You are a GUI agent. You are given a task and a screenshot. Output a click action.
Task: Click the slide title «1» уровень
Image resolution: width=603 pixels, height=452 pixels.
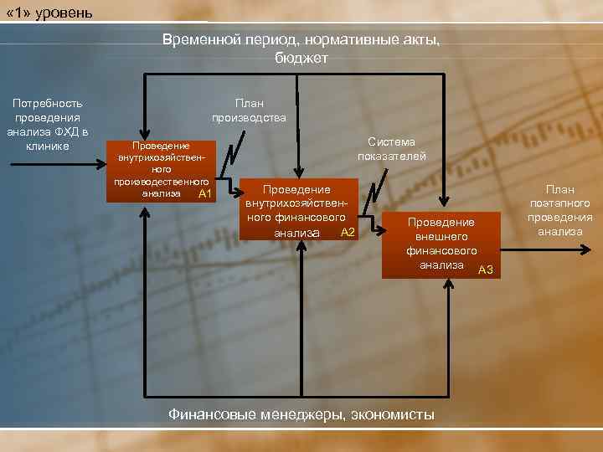point(49,13)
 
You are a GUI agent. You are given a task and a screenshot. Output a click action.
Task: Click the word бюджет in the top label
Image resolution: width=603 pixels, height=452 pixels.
point(301,58)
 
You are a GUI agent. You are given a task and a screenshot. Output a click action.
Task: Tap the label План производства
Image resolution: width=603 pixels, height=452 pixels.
point(249,110)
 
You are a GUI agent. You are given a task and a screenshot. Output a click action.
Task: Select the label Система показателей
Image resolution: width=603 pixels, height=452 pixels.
point(391,149)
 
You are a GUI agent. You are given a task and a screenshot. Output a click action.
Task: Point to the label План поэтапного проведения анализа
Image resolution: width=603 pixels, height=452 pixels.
point(560,211)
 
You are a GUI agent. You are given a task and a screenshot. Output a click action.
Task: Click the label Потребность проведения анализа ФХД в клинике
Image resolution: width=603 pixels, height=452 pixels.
point(47,125)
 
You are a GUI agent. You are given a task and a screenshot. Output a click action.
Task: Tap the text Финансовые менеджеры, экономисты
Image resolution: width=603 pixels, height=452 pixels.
point(301,413)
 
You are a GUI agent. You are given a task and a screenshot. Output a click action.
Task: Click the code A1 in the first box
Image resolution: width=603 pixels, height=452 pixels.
point(205,195)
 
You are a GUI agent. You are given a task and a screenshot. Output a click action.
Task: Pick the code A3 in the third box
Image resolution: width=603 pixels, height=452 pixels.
point(486,269)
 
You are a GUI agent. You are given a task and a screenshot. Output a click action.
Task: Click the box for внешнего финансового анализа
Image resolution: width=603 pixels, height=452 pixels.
point(441,244)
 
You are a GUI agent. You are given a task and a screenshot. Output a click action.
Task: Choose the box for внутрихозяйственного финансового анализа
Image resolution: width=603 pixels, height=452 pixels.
point(299,209)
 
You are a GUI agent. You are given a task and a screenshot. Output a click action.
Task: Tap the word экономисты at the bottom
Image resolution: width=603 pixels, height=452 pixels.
point(393,413)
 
